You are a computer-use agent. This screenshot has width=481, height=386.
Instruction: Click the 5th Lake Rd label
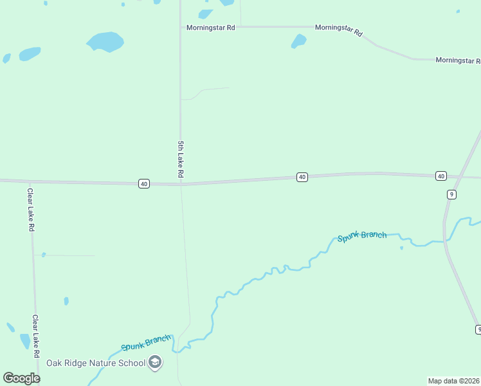[181, 159]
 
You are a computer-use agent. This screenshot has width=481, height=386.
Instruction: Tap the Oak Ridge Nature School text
[96, 363]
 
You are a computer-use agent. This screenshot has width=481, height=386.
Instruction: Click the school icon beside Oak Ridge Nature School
[155, 363]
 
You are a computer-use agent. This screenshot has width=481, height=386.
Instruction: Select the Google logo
[21, 378]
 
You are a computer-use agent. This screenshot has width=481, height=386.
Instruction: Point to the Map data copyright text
[454, 381]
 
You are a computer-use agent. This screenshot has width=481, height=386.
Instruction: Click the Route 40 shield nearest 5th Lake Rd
[143, 183]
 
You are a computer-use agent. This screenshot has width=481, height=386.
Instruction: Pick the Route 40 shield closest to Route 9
[440, 176]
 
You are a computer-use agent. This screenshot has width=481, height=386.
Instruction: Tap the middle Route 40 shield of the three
[302, 177]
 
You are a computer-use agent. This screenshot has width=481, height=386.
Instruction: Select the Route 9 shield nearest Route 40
[452, 194]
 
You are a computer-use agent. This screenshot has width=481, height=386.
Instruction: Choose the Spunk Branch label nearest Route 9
[362, 235]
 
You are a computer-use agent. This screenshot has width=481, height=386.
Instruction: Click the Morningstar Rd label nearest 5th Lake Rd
[210, 28]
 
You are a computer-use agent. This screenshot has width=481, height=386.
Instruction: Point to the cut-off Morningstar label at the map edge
[458, 60]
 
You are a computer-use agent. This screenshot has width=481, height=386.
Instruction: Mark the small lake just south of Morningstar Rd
[298, 41]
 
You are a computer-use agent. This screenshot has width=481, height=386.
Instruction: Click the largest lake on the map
[105, 42]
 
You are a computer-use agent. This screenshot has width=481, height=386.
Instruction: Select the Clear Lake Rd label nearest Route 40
[30, 209]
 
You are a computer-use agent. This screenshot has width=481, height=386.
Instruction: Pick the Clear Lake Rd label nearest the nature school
[36, 336]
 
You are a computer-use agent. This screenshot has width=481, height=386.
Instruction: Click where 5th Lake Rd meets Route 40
[181, 184]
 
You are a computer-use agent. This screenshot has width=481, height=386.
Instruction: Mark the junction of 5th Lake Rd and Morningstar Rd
[180, 27]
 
